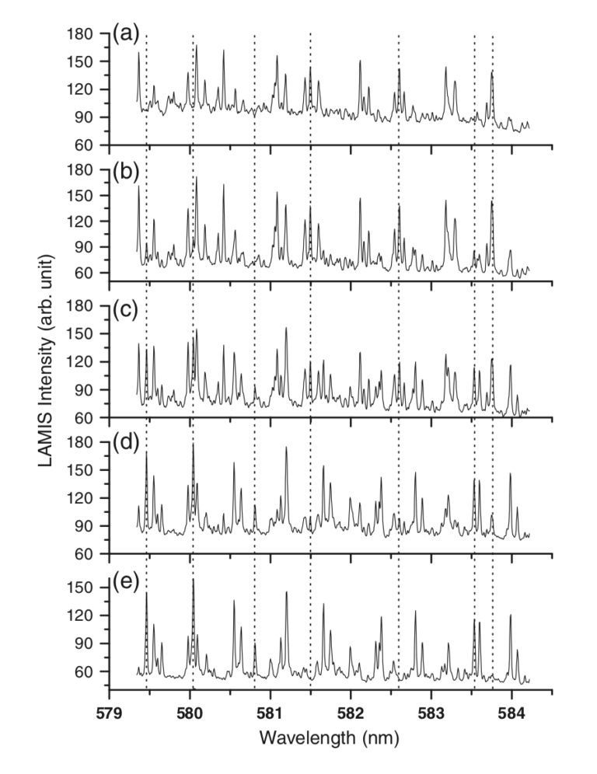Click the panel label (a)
(127, 33)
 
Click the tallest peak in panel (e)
(193, 580)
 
